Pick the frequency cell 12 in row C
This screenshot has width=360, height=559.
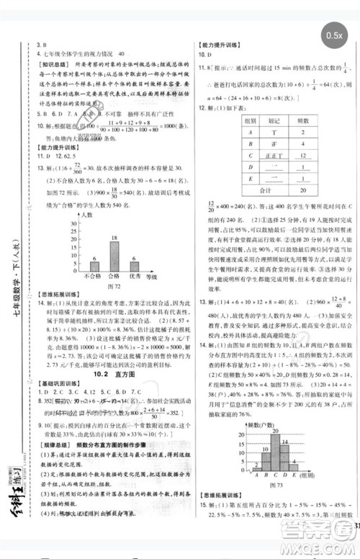pyautogui.click(x=303, y=155)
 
